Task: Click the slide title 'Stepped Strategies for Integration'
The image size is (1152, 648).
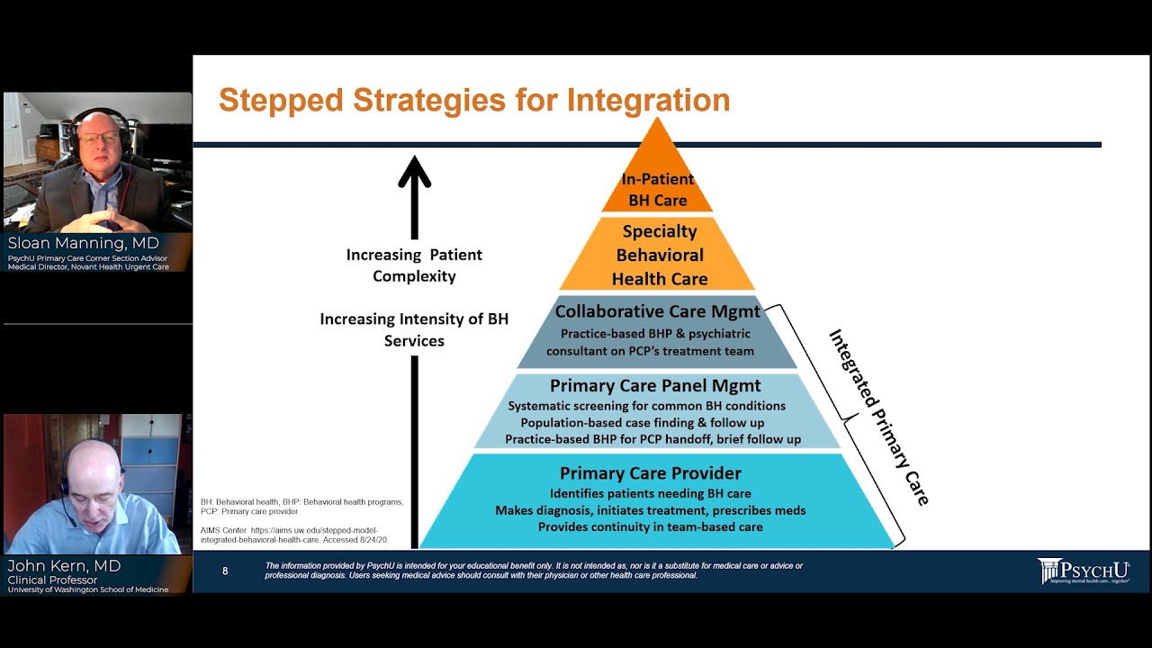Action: (x=474, y=100)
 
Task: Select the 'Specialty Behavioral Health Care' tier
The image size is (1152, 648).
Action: (x=659, y=256)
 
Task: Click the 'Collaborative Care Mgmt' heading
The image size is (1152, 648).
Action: (x=658, y=311)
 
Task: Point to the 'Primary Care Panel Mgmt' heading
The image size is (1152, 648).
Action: (x=655, y=386)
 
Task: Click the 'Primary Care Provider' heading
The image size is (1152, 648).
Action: (x=651, y=472)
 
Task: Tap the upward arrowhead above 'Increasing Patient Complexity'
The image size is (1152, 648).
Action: (x=414, y=171)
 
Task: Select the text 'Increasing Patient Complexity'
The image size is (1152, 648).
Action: (x=414, y=265)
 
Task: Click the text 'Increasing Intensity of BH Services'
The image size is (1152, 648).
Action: (x=414, y=329)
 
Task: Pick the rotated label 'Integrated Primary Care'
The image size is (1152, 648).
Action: (x=878, y=416)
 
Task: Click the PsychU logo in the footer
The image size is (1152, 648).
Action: (x=1083, y=571)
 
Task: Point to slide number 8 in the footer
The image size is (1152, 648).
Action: (x=225, y=571)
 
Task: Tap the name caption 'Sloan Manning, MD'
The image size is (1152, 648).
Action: (x=83, y=243)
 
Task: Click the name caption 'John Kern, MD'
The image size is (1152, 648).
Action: (x=63, y=565)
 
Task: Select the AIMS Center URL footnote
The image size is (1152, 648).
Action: (x=290, y=535)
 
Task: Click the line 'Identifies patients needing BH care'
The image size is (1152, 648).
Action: (x=651, y=493)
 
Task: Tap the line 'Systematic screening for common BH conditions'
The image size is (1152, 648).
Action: (x=646, y=406)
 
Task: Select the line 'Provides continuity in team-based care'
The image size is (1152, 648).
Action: (x=651, y=526)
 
